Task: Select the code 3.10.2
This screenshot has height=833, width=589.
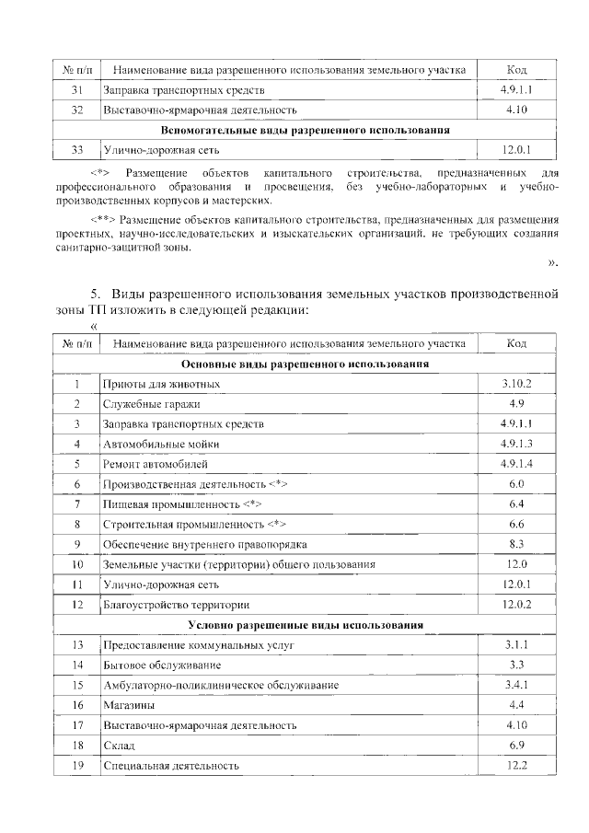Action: tap(517, 383)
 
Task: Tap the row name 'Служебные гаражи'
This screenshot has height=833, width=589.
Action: tap(152, 403)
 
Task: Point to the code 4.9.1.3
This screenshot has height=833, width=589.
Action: tap(517, 444)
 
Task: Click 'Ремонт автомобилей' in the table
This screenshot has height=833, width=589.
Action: tap(156, 464)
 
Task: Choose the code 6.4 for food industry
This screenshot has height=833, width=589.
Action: tap(517, 504)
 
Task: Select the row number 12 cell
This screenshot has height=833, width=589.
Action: tap(77, 605)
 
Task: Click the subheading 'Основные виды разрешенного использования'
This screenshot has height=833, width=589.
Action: tap(306, 364)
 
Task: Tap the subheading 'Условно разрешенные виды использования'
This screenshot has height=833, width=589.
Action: tap(306, 625)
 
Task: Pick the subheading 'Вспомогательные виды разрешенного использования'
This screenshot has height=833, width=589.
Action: tap(306, 130)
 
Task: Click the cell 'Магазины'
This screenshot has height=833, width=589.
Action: tap(129, 705)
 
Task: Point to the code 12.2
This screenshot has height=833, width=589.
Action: tap(517, 766)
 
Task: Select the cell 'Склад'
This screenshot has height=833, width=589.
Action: tap(120, 746)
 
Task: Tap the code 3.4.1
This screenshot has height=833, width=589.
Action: tap(517, 685)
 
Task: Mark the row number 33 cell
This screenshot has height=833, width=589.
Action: tap(77, 149)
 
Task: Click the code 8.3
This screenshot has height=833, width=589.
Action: tap(517, 544)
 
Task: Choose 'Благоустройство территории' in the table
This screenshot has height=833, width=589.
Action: tap(177, 605)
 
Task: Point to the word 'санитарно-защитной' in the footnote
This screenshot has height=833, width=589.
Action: tap(100, 248)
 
